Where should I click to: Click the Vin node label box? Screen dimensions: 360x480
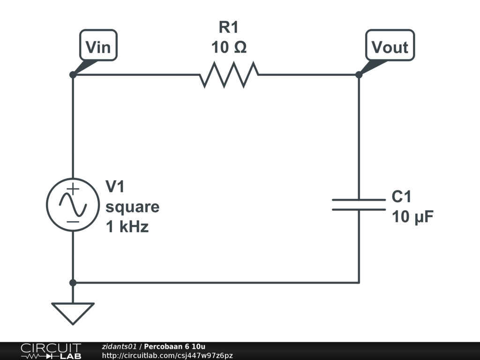pos(98,47)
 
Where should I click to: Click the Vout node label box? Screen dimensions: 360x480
pos(390,46)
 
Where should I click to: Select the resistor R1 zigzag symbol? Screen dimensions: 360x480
pos(229,75)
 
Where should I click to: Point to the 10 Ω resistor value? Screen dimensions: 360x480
pos(229,47)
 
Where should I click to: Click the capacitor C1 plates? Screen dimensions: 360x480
pos(359,204)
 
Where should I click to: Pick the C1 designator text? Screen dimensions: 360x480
pos(402,197)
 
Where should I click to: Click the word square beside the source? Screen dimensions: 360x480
pos(132,207)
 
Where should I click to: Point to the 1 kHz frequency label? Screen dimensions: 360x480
pos(127,227)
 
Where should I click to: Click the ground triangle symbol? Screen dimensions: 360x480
pos(73,312)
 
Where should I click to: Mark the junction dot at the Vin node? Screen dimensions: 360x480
pos(73,75)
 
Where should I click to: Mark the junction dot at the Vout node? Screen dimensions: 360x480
pos(359,75)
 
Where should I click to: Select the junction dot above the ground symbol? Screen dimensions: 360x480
pos(73,283)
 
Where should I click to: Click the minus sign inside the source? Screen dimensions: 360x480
pos(73,221)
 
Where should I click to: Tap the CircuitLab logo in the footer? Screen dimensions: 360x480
pos(51,351)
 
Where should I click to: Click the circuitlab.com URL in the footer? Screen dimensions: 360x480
pos(167,356)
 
